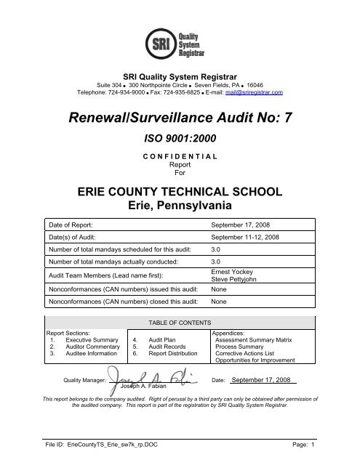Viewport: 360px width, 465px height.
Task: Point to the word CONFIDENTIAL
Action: click(x=180, y=158)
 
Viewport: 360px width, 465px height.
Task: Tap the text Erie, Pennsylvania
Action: click(x=180, y=207)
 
